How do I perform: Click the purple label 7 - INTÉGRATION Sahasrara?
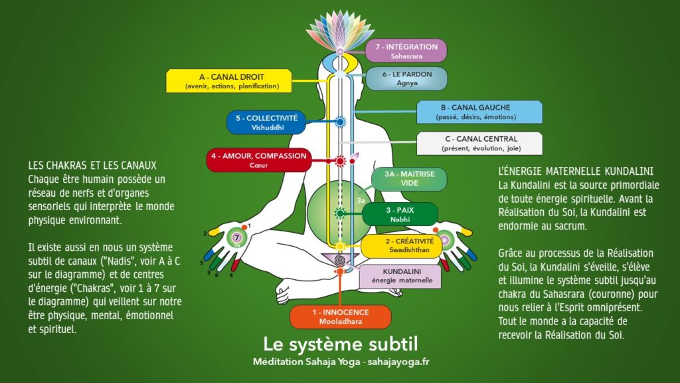[x=406, y=51]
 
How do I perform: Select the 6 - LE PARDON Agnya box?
[x=406, y=78]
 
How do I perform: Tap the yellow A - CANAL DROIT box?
[x=232, y=81]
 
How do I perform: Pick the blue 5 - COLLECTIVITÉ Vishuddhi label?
[x=266, y=122]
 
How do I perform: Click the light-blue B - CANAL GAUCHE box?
[x=479, y=112]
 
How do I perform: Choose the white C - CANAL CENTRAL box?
[x=479, y=143]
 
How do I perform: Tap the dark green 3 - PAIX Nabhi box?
[x=400, y=214]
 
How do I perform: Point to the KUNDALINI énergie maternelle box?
[x=400, y=276]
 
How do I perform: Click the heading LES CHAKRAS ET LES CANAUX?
[x=92, y=165]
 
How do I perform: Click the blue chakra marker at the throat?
[x=340, y=122]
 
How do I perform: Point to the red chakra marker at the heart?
[x=340, y=161]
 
